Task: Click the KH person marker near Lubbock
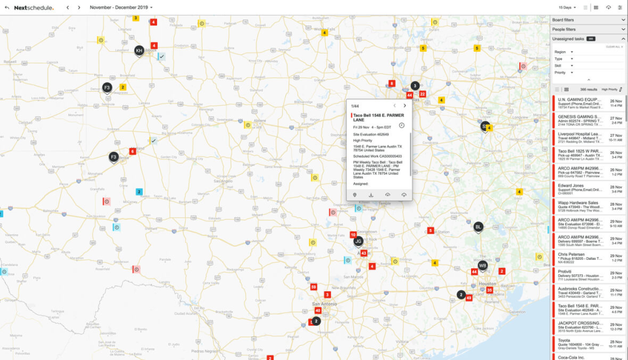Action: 139,50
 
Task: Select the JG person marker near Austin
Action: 358,242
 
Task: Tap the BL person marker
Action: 478,226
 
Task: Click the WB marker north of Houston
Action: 483,266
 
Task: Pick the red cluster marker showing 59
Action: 314,287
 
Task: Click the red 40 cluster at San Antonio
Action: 318,310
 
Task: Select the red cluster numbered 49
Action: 468,298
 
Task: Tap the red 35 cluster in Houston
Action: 489,290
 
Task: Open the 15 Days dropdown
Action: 567,7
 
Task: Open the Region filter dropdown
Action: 563,52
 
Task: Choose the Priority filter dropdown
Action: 563,73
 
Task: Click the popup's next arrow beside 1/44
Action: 404,105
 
